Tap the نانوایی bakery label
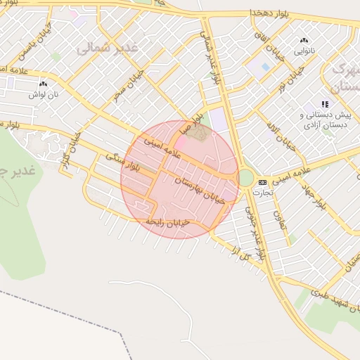click(304, 51)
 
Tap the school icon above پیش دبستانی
click(325, 103)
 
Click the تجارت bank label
click(262, 192)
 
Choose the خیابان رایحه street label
click(167, 222)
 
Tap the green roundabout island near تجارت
click(245, 177)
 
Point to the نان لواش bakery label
click(44, 93)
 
